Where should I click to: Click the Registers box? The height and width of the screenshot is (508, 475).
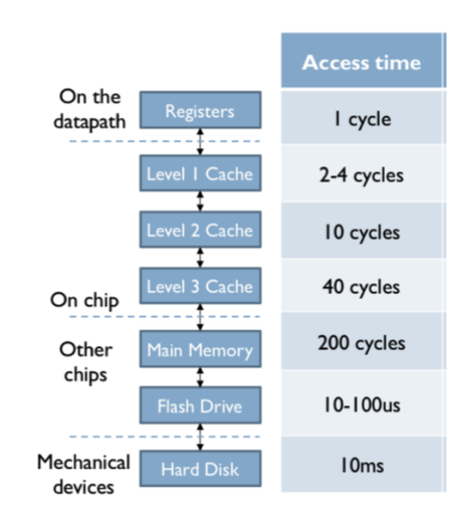click(x=200, y=109)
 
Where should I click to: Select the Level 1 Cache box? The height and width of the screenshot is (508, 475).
click(x=200, y=173)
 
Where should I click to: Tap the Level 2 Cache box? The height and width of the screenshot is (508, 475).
click(x=200, y=229)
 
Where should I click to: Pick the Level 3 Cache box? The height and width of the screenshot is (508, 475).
click(x=200, y=285)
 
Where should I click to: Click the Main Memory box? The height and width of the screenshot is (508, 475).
click(x=200, y=349)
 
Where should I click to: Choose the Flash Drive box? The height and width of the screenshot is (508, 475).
click(x=200, y=405)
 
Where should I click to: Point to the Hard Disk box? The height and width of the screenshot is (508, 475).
click(x=200, y=468)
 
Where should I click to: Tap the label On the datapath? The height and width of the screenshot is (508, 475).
click(x=89, y=109)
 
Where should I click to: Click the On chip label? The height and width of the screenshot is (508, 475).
click(x=85, y=301)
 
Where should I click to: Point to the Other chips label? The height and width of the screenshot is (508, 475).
click(x=85, y=362)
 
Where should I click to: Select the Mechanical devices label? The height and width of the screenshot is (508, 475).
click(x=84, y=475)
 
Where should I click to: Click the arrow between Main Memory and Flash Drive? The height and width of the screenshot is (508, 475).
click(x=200, y=377)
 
